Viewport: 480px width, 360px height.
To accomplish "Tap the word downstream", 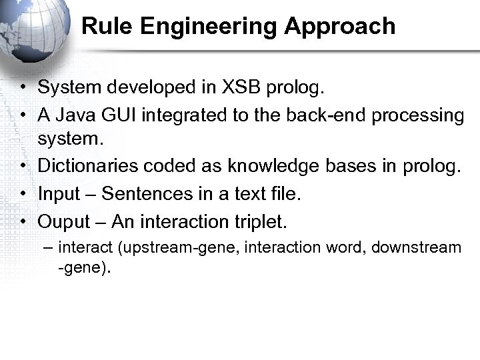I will (x=416, y=247).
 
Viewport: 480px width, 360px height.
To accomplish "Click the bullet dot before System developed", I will (x=23, y=88).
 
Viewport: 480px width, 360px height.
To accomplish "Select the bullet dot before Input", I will (x=23, y=194).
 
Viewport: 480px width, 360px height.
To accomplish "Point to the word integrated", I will (x=182, y=115).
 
